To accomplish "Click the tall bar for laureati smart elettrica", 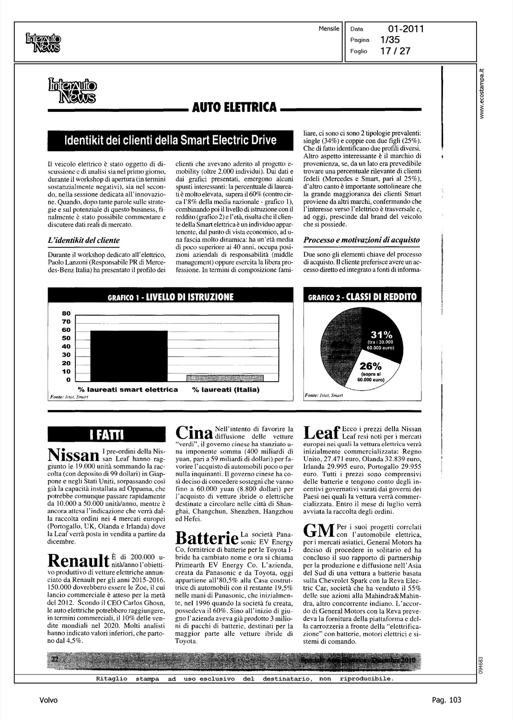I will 128,355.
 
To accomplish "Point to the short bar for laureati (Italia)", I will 225,377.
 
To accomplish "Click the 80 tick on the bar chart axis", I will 67,313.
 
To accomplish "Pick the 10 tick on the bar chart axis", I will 67,372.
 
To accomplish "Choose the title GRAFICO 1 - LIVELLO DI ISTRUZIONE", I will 170,297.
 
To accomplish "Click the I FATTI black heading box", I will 107,435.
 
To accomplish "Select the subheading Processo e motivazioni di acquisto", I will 362,240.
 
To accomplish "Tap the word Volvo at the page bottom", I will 48,700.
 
